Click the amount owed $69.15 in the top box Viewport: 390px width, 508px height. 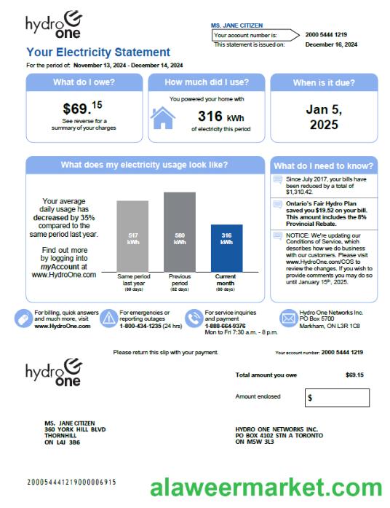pos(81,109)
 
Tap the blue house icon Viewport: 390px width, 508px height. pos(163,117)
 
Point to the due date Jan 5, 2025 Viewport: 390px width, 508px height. pos(322,117)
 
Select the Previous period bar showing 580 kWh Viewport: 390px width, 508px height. pos(180,232)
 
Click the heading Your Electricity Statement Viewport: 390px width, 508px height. pos(98,52)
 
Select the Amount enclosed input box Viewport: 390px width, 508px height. pos(337,398)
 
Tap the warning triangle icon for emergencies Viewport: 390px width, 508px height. pos(109,319)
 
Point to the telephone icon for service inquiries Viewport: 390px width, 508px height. pos(194,319)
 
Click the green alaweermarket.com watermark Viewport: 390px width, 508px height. pos(266,488)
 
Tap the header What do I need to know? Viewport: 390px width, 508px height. pos(324,165)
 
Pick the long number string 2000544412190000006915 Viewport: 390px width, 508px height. pos(71,482)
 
